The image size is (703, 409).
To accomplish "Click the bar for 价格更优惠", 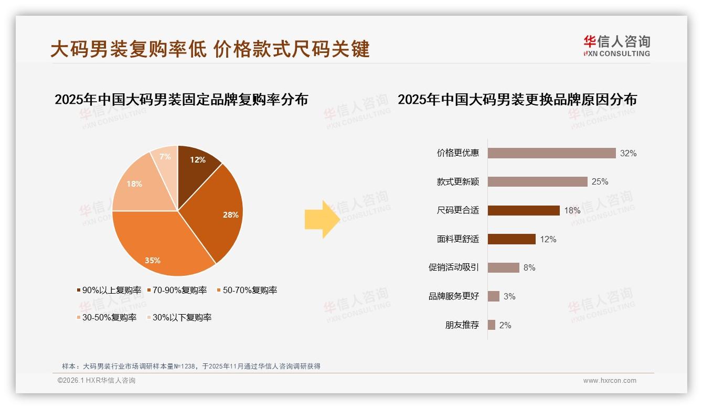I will pos(551,153).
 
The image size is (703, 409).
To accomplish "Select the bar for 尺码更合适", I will pos(524,210).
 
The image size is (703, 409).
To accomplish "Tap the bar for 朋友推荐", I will pos(492,325).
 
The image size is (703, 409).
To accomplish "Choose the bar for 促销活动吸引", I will pos(504,267).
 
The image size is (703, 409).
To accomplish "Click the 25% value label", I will pos(600,182).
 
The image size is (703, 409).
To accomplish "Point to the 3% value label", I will pos(509,296).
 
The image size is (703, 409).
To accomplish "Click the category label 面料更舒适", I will pos(458,239).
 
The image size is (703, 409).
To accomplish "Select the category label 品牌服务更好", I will pos(454,296).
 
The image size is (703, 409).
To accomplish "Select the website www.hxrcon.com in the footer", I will pos(610,381).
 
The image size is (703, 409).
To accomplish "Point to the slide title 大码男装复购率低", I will pos(129,49).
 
